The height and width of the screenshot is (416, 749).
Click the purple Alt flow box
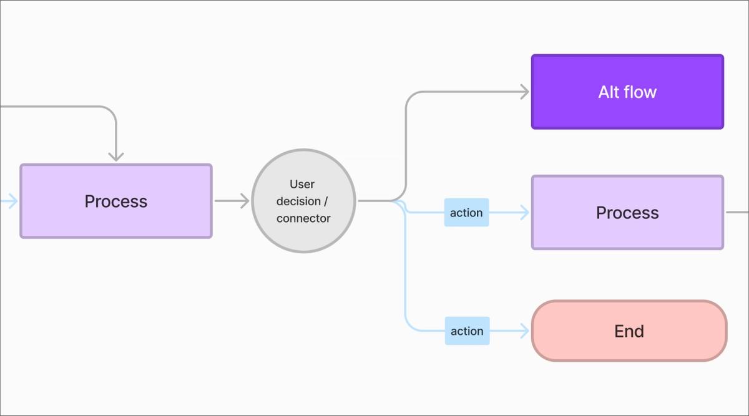[627, 92]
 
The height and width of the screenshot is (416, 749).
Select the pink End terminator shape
[629, 331]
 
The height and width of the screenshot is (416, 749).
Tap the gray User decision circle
[303, 201]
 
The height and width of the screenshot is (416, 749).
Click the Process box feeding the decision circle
[116, 201]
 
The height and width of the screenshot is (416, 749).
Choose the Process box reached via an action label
[627, 213]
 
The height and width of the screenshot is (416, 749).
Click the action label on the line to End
[467, 331]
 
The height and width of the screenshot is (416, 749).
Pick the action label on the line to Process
[466, 213]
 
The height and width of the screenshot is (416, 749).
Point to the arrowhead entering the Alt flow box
[524, 92]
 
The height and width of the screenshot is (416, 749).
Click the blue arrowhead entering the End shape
[524, 331]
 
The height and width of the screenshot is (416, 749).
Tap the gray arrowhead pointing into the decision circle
[244, 201]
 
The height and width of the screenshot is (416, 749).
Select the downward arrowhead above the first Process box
[115, 156]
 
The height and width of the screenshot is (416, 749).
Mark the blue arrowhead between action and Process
[524, 213]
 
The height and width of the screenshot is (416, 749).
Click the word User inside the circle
[302, 184]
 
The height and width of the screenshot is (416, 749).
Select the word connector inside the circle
[303, 218]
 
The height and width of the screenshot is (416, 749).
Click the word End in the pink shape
[629, 331]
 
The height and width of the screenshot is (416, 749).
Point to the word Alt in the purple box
[609, 92]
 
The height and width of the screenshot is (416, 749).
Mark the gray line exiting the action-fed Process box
[737, 212]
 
